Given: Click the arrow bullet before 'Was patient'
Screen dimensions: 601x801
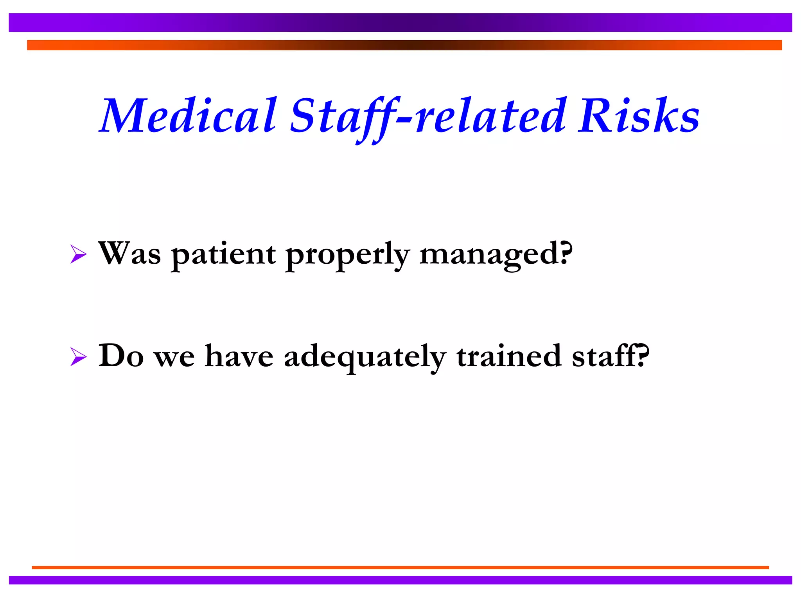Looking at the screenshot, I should click(78, 254).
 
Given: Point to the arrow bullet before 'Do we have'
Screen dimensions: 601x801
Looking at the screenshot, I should click(78, 357).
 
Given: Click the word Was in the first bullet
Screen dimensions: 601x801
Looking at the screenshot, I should click(129, 254).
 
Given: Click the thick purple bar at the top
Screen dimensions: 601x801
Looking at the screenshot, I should click(400, 22).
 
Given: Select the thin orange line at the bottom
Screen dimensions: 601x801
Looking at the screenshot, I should click(400, 567).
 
